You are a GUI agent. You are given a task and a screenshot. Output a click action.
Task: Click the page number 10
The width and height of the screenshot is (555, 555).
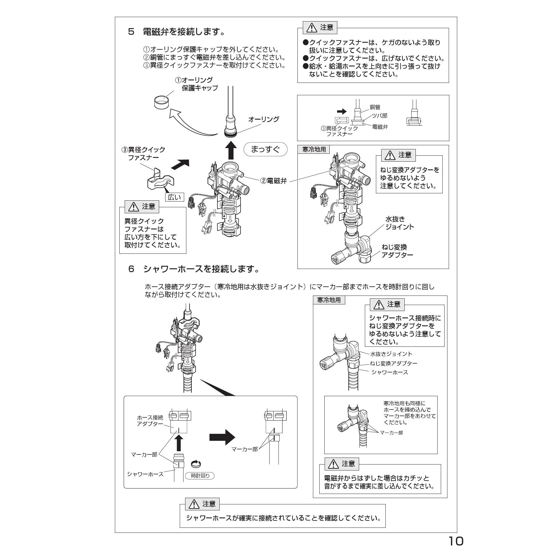[456, 541]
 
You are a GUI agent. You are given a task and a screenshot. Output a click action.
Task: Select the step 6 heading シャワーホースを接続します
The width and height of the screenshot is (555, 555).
[201, 269]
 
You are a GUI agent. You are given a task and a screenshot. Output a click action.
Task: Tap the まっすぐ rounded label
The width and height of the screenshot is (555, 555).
[265, 149]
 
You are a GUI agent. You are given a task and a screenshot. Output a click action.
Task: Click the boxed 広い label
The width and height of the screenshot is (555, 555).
[174, 197]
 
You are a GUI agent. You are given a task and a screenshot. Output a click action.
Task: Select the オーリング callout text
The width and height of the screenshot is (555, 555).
[264, 119]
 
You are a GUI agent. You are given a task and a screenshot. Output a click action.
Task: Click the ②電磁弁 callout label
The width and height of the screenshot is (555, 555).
[273, 181]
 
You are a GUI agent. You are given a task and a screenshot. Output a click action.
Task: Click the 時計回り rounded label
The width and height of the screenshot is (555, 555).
[200, 476]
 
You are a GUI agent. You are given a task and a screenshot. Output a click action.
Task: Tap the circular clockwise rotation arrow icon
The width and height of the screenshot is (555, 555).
[196, 464]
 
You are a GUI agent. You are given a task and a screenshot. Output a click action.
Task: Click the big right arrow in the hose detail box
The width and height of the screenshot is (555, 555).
[222, 438]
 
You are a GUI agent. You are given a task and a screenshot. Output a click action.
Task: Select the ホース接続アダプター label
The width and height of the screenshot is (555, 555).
[150, 421]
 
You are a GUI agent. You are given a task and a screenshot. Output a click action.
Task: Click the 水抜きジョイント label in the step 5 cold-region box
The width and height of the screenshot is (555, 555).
[399, 223]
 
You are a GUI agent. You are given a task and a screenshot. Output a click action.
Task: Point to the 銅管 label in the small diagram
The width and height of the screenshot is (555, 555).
[375, 107]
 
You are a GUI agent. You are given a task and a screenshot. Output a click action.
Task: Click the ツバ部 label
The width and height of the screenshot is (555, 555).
[379, 116]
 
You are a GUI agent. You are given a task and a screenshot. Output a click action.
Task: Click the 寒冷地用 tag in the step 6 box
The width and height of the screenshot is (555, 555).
[329, 300]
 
